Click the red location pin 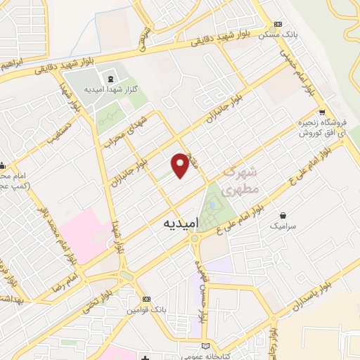point(181,164)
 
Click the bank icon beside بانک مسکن point(278,23)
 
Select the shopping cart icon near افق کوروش point(322,112)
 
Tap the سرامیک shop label point(283,227)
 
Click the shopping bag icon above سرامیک point(283,215)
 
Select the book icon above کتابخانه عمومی point(205,345)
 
